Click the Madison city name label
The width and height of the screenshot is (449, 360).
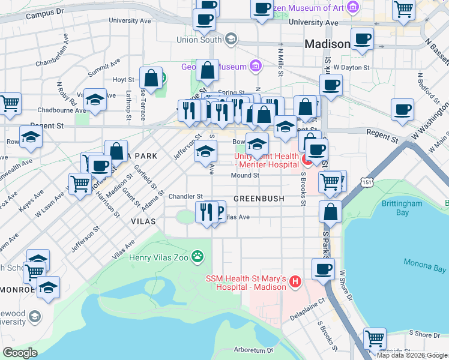tap(327, 44)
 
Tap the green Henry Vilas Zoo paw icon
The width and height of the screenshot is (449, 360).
tap(197, 258)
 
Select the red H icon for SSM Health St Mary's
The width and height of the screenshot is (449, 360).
tap(295, 280)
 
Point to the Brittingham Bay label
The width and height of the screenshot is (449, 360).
tap(403, 208)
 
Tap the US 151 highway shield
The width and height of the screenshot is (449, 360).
tap(364, 181)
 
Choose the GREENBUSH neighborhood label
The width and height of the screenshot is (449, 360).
tap(258, 198)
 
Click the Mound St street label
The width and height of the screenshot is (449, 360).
tap(245, 176)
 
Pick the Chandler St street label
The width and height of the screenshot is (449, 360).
tap(185, 196)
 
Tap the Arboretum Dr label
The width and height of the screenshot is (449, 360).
tap(253, 349)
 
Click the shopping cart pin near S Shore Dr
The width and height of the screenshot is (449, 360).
tap(375, 338)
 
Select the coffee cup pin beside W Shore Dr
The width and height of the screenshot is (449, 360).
tap(323, 269)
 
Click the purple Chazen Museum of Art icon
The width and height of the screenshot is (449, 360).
tap(354, 8)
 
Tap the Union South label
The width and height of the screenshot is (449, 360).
tap(199, 40)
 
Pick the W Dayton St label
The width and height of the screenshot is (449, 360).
tap(352, 68)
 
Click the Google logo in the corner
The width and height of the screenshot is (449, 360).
tap(20, 353)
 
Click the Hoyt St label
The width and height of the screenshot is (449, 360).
tap(123, 79)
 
